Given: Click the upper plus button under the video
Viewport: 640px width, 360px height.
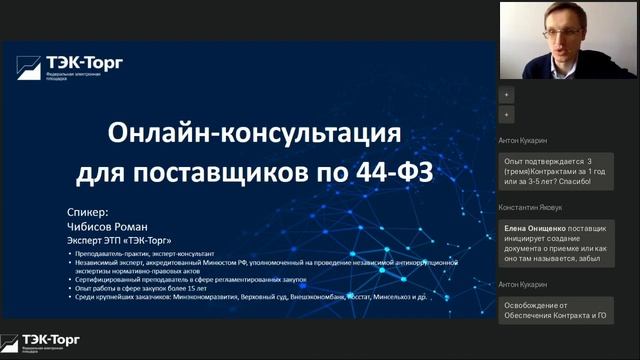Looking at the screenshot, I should click(506, 94).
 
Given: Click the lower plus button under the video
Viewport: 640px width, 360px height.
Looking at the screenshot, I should click(506, 115).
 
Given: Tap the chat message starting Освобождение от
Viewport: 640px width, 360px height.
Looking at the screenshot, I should click(554, 313).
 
